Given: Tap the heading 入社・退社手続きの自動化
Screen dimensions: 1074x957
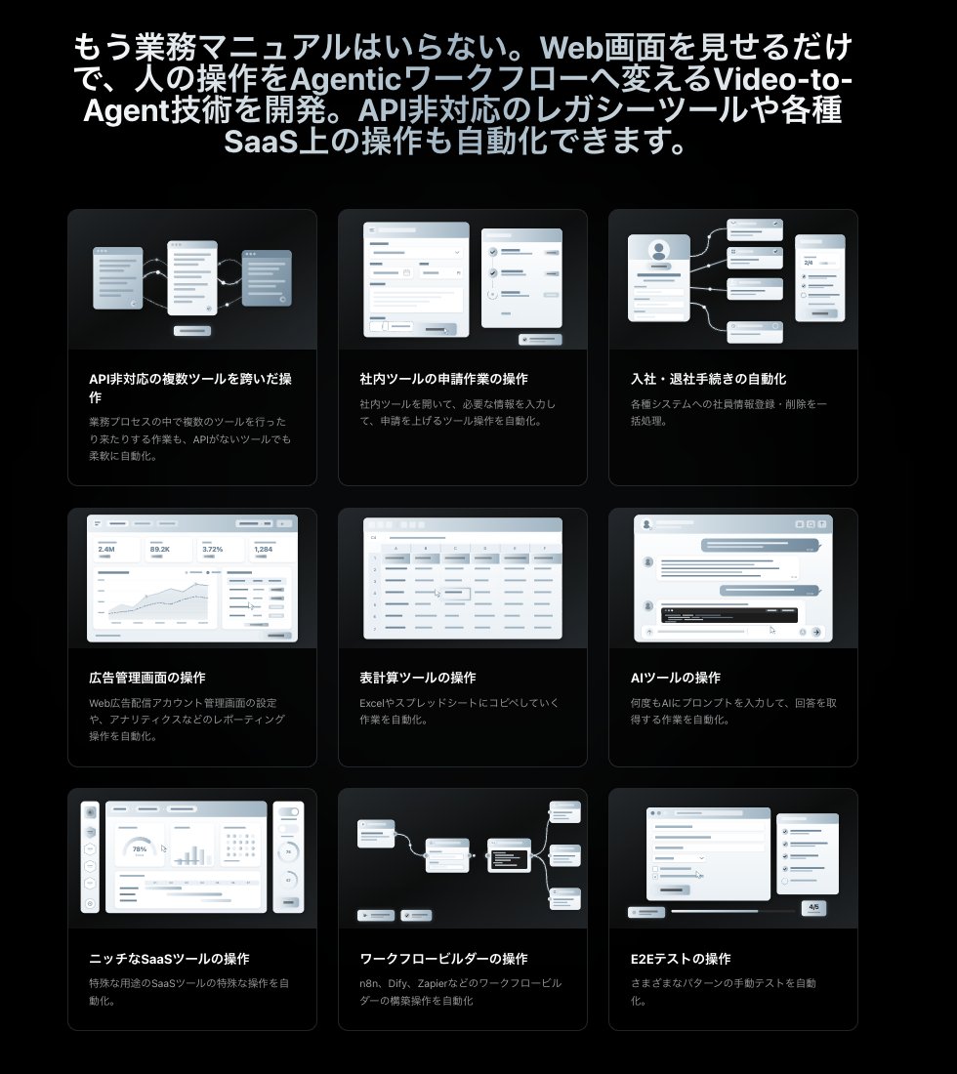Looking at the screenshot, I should tap(708, 379).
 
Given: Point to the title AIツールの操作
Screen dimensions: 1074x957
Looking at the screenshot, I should tap(676, 678).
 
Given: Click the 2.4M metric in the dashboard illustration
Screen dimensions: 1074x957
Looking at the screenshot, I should tap(106, 550).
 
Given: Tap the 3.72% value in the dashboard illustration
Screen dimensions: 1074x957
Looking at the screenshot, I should tap(212, 550).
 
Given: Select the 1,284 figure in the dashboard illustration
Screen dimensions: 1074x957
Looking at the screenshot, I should tap(264, 550).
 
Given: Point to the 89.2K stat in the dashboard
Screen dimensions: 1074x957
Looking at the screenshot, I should tap(159, 550).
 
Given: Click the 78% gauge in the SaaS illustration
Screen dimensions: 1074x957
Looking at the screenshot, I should tap(140, 849).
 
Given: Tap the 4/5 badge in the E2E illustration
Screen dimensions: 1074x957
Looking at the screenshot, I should tap(814, 907).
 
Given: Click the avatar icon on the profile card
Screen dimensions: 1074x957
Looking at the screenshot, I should tap(658, 249).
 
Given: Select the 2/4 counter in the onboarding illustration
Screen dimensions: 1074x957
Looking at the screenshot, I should tap(808, 263).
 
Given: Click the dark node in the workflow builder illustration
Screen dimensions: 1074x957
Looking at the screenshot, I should tap(508, 858).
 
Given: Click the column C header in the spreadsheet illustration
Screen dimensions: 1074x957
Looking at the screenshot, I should tap(453, 549).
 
